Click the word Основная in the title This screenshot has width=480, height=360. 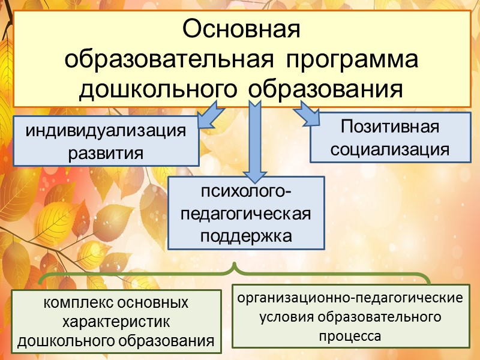click(241, 29)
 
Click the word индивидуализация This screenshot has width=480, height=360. click(106, 131)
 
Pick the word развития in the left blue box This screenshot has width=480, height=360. click(106, 152)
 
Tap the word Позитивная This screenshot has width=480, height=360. click(389, 127)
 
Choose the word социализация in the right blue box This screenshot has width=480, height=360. click(389, 149)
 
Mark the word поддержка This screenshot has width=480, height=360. click(246, 235)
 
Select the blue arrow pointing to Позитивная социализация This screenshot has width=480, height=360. click(306, 113)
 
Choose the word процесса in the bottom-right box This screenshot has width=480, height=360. click(350, 336)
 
